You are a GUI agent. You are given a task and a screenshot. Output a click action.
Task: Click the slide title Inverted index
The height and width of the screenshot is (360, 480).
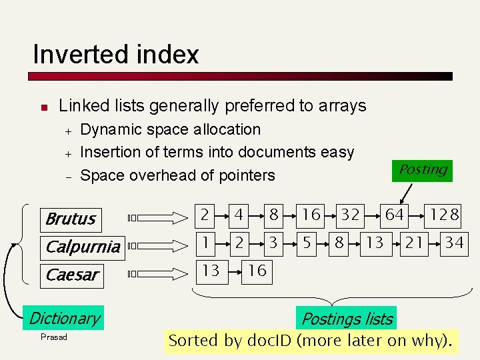coord(115,54)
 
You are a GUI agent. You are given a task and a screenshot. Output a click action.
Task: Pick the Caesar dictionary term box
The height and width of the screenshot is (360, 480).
coord(72,274)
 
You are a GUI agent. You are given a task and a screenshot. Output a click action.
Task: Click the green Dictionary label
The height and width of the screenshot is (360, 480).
coord(64,318)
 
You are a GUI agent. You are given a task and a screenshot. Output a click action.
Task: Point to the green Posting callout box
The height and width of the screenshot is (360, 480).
coord(423,170)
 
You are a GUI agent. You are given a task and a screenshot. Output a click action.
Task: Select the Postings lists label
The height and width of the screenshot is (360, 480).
coord(347,319)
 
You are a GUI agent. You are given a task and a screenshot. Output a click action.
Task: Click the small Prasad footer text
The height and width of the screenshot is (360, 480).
coord(54,337)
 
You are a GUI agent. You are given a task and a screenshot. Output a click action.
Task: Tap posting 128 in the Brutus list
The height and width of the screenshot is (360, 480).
coord(444,215)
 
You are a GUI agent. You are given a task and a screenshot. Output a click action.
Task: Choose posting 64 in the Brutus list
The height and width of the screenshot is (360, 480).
coord(394,215)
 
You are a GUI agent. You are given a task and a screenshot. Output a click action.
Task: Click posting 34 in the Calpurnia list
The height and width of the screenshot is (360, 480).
coord(454,243)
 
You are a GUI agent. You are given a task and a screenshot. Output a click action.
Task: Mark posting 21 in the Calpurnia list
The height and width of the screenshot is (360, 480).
coord(414,243)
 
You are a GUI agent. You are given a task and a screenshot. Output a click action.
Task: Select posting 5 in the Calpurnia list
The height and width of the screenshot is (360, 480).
coord(306,243)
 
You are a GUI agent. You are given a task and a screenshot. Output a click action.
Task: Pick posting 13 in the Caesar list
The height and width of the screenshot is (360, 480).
coord(211,271)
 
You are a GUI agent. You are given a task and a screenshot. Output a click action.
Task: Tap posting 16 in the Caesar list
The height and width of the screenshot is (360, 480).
coord(257,271)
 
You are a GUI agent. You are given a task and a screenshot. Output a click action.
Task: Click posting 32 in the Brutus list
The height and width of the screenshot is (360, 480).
coord(351,215)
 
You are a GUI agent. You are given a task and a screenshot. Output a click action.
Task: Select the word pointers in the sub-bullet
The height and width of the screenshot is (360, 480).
coord(244,175)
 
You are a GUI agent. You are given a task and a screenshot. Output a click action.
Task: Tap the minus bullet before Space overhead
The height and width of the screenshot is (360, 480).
coord(67,177)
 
